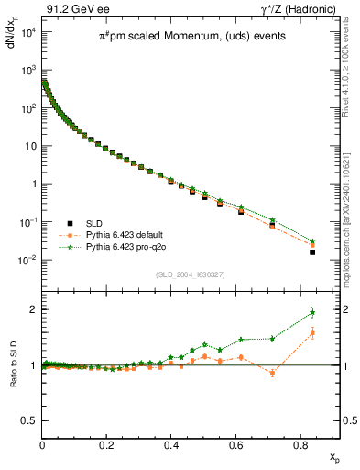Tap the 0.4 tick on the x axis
171,445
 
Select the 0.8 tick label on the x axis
300,445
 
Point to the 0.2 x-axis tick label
107,445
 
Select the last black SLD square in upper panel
312,252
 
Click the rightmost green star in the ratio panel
312,312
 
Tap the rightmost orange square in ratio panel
312,333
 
